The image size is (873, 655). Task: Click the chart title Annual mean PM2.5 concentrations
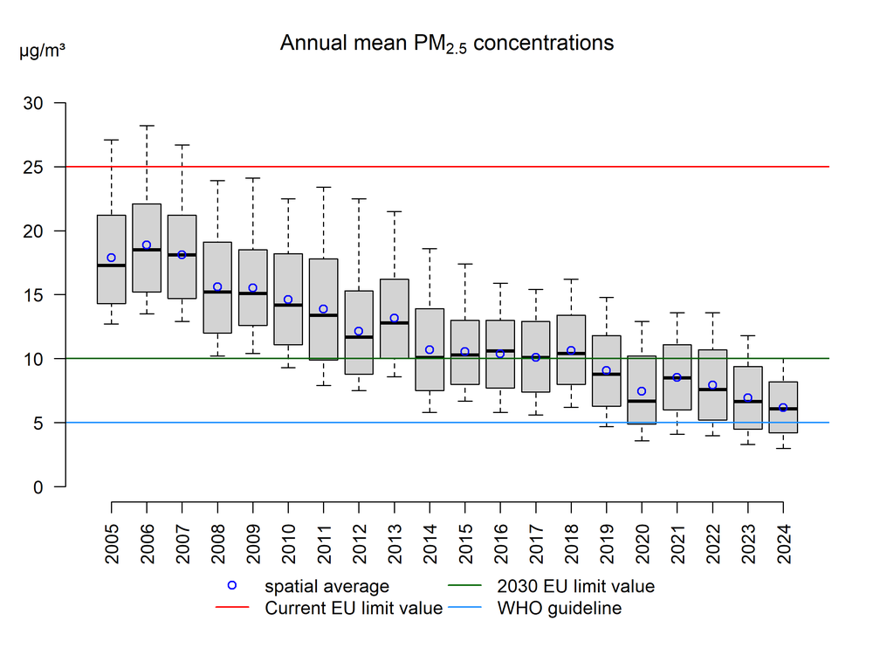446,44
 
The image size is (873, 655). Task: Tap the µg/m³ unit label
41,51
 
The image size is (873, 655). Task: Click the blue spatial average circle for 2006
147,245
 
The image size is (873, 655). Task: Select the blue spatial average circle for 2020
642,391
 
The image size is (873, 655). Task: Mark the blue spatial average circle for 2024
783,408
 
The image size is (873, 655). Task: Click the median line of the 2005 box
111,265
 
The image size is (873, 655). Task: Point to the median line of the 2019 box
606,374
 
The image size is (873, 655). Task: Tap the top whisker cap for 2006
147,126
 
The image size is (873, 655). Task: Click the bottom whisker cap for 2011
323,385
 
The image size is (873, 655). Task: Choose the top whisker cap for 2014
430,249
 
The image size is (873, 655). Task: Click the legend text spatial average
327,587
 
